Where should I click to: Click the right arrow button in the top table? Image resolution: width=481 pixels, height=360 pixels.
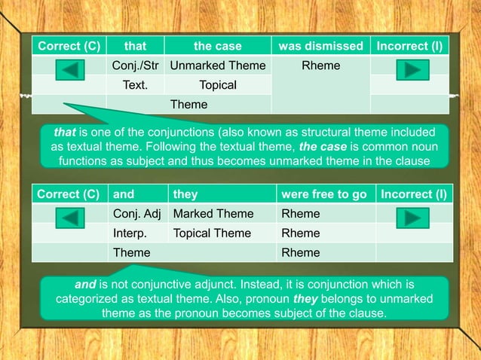pyautogui.click(x=410, y=70)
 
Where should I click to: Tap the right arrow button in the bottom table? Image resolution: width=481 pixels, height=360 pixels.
pyautogui.click(x=412, y=218)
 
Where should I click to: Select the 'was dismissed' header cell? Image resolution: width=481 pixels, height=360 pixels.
pyautogui.click(x=320, y=46)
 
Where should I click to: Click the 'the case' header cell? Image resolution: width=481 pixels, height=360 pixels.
pyautogui.click(x=218, y=46)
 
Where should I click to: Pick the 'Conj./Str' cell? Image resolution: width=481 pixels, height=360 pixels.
pyautogui.click(x=135, y=66)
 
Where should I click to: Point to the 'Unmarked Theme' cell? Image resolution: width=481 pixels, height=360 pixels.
pyautogui.click(x=218, y=66)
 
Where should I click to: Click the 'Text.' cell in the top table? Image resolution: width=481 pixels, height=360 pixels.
pyautogui.click(x=135, y=85)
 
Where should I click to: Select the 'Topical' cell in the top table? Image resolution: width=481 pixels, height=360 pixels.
pyautogui.click(x=218, y=85)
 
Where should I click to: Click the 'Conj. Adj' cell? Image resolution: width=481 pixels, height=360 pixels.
pyautogui.click(x=137, y=214)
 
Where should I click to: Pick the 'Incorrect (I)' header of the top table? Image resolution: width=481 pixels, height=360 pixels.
pyautogui.click(x=409, y=46)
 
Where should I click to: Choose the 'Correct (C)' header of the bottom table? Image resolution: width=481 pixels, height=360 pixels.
pyautogui.click(x=69, y=194)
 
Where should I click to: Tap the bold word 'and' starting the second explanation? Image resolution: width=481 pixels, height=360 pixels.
pyautogui.click(x=85, y=285)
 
